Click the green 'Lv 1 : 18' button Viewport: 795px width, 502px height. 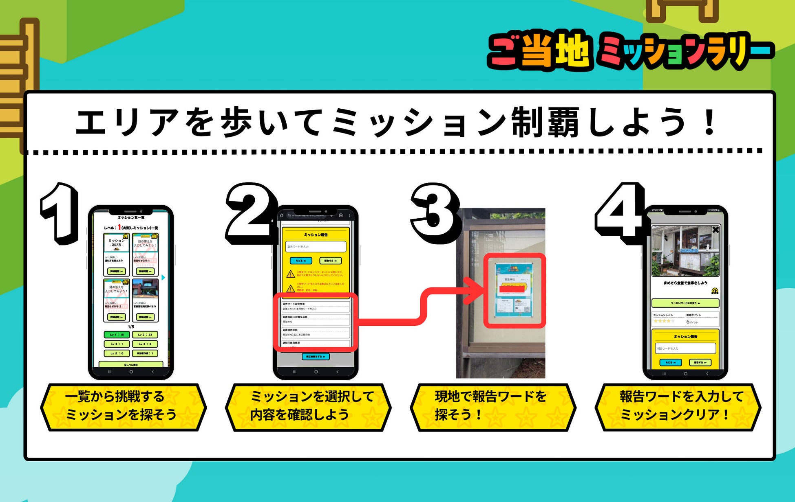click(117, 335)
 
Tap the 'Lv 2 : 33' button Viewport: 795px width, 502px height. click(145, 335)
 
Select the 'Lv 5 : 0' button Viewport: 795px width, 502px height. click(117, 353)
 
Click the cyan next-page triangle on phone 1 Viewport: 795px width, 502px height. click(163, 277)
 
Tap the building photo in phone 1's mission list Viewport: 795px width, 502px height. click(145, 289)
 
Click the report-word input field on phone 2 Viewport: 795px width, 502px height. click(316, 246)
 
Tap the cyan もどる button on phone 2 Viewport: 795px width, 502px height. click(301, 261)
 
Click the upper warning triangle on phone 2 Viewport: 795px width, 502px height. click(290, 274)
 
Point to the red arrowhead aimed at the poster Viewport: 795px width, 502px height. click(475, 290)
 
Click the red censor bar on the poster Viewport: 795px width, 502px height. click(512, 289)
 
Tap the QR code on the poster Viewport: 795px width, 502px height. click(526, 309)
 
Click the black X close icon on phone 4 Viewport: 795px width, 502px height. click(715, 230)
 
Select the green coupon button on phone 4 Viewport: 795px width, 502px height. click(685, 303)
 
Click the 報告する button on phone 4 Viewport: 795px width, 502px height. click(700, 362)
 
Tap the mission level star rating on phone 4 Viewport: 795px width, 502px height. click(664, 321)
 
